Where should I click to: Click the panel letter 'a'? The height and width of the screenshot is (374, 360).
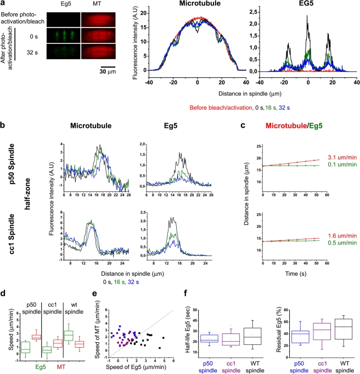[3, 4]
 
